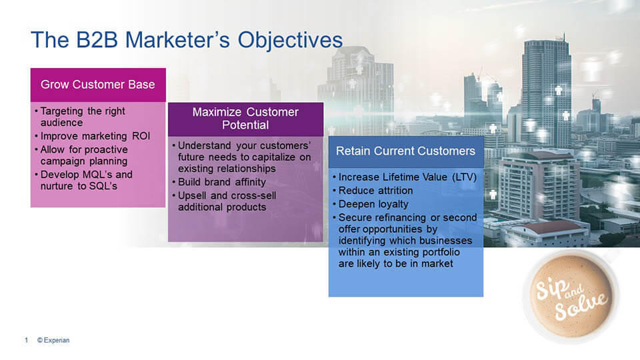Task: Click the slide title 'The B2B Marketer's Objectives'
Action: tap(187, 41)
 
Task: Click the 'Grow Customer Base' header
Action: tap(98, 85)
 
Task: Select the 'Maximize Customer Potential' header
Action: tap(245, 119)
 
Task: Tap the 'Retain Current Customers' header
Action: tap(406, 151)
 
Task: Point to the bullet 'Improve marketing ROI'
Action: tap(95, 136)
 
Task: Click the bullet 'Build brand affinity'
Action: tap(221, 182)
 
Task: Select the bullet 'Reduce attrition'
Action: tap(375, 191)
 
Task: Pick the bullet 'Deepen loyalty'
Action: tap(373, 204)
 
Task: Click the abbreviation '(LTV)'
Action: tap(465, 177)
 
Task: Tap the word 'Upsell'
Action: tap(192, 196)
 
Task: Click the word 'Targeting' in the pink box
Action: tap(61, 111)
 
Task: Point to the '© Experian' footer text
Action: tap(53, 340)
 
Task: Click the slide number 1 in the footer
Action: tap(26, 340)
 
